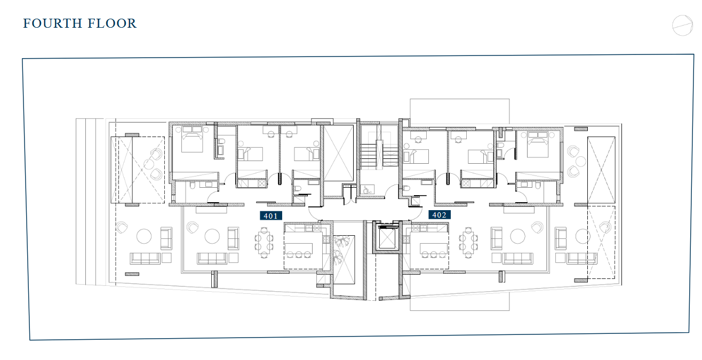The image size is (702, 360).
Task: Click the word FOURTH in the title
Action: pyautogui.click(x=53, y=23)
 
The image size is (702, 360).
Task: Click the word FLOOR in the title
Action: pyautogui.click(x=112, y=23)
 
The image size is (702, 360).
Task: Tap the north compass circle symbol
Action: pyautogui.click(x=682, y=26)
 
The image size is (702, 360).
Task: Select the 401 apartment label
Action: pyautogui.click(x=271, y=215)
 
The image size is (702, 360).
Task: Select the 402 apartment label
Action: pyautogui.click(x=440, y=214)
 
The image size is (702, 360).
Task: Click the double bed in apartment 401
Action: pyautogui.click(x=192, y=139)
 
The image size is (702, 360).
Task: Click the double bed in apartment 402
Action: pyautogui.click(x=538, y=144)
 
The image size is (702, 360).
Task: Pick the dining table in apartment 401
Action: pyautogui.click(x=264, y=243)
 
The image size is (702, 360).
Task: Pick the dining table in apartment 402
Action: pyautogui.click(x=468, y=243)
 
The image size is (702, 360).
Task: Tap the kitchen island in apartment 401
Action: pyautogui.click(x=299, y=249)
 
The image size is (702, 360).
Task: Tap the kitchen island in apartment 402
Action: pyautogui.click(x=434, y=249)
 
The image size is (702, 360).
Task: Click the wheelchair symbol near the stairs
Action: pyautogui.click(x=366, y=189)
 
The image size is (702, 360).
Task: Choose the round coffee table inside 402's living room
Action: pyautogui.click(x=517, y=236)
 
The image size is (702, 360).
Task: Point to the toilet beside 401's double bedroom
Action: pyautogui.click(x=220, y=145)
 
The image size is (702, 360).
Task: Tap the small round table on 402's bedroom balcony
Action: pyautogui.click(x=581, y=162)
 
